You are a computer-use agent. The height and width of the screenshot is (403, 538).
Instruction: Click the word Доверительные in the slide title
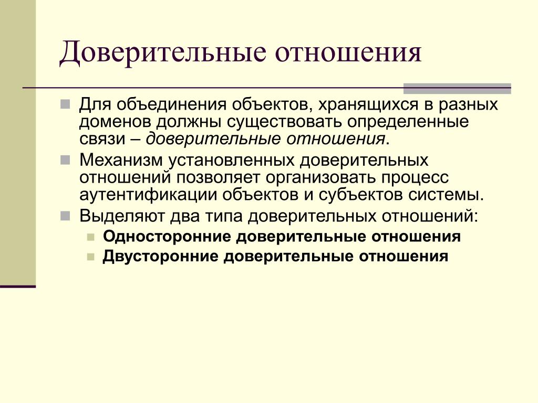[x=163, y=53]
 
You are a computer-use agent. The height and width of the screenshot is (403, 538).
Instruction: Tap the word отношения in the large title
[x=348, y=53]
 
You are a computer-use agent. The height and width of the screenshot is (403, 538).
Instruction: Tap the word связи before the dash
[x=102, y=139]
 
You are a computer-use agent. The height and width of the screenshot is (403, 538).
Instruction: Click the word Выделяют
[x=122, y=216]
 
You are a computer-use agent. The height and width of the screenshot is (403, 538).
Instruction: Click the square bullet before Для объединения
[x=65, y=104]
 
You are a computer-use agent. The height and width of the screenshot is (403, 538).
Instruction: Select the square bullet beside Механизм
[x=65, y=160]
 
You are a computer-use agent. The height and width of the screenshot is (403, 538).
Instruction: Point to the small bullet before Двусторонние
[x=90, y=257]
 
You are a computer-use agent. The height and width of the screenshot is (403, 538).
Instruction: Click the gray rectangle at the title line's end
[x=457, y=89]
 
